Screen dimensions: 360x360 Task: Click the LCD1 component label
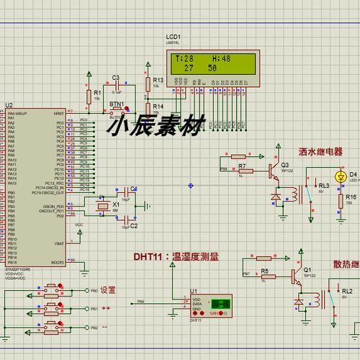click(x=174, y=36)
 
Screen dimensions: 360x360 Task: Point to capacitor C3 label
click(x=115, y=77)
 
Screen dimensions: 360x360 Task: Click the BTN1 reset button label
click(x=116, y=103)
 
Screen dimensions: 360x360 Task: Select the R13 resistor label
click(x=159, y=80)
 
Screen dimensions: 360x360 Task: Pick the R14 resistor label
click(x=159, y=107)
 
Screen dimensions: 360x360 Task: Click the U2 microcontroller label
click(x=9, y=105)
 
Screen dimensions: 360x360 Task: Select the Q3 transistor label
click(x=284, y=165)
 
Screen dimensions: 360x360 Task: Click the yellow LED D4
click(x=341, y=176)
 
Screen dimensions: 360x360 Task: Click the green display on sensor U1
click(x=217, y=305)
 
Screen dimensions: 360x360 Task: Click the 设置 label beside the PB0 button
click(x=107, y=289)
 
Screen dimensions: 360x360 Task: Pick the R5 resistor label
click(x=264, y=271)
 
